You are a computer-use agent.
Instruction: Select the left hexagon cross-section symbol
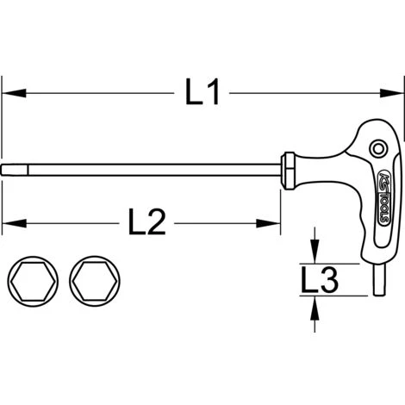click(x=34, y=280)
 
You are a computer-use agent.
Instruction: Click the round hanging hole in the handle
click(x=375, y=151)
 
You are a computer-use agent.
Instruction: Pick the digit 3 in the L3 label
click(x=328, y=277)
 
